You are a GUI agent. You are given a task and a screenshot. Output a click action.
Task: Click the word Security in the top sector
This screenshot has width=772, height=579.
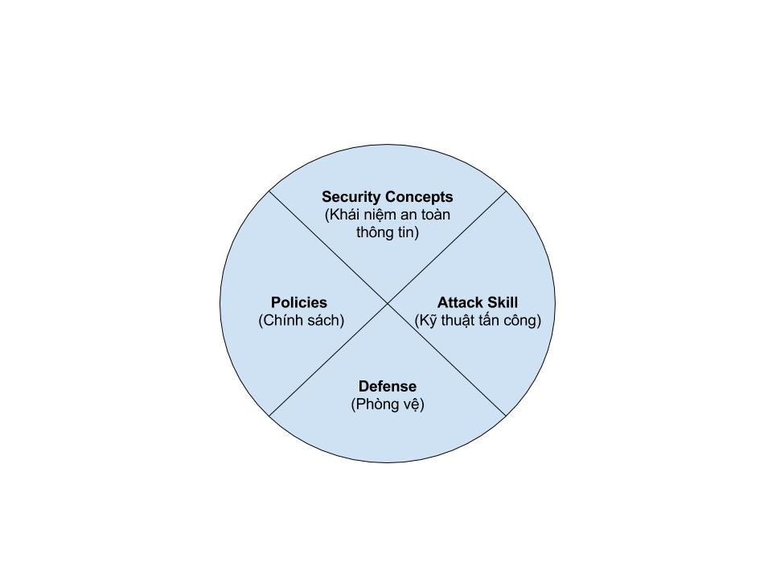351,198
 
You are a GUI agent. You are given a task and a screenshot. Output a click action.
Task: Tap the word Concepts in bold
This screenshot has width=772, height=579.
419,198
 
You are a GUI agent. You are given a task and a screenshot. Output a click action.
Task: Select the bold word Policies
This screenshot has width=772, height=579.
299,302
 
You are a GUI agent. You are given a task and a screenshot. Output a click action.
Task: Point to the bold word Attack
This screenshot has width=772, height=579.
460,302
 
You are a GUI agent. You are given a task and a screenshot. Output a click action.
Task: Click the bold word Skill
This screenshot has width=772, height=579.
502,302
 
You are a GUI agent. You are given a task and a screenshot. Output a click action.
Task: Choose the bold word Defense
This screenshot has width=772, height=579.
388,386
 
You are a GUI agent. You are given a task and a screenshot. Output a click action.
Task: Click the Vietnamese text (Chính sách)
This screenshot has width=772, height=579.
302,321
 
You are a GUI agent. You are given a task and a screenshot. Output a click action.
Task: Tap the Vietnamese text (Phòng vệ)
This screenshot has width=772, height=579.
388,404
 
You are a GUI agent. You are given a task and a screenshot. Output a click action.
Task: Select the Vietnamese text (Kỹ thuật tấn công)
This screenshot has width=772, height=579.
478,321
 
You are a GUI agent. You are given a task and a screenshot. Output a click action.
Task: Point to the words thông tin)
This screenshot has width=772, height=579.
388,232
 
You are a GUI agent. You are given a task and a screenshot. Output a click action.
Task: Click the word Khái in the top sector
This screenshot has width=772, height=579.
343,216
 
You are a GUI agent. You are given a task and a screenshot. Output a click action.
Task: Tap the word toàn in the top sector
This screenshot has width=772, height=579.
436,216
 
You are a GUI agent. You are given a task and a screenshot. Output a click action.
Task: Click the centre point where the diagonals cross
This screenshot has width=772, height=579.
388,304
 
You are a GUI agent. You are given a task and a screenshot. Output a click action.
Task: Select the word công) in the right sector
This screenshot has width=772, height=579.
524,321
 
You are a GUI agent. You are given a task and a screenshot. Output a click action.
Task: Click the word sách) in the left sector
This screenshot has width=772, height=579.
325,321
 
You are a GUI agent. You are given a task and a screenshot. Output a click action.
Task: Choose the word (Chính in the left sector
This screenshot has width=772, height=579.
280,321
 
